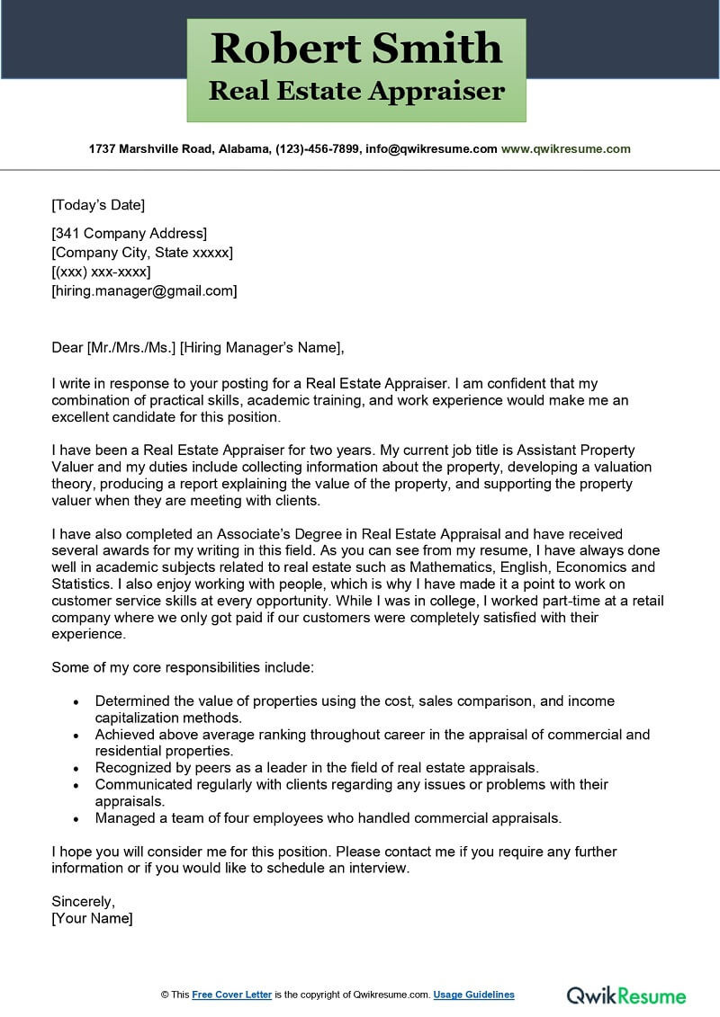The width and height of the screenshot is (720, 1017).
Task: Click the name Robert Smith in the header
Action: [356, 48]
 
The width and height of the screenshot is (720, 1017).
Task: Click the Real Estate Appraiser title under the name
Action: [356, 91]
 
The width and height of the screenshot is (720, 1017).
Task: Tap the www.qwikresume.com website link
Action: [566, 148]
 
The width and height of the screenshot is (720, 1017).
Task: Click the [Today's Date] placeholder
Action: [98, 204]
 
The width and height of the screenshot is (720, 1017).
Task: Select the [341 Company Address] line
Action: [130, 234]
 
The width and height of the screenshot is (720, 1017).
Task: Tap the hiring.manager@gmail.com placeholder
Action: [145, 290]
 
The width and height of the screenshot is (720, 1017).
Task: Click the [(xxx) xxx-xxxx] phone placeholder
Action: [101, 272]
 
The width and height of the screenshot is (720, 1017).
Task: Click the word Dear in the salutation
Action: [67, 347]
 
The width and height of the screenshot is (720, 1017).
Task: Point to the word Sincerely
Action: [84, 900]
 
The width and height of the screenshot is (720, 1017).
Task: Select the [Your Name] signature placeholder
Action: [92, 918]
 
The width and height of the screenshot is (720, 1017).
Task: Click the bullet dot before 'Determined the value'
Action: [76, 701]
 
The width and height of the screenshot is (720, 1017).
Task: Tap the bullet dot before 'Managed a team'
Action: [76, 818]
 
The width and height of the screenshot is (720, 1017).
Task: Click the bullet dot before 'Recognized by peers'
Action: [76, 768]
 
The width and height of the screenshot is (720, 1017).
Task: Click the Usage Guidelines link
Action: [473, 995]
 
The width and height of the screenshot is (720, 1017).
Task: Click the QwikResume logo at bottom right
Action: [625, 995]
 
